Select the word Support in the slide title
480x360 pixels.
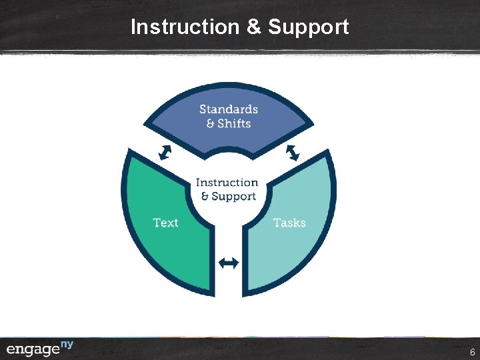308,27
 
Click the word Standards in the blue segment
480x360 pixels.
229,109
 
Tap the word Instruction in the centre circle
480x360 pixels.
227,182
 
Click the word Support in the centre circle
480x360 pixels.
233,196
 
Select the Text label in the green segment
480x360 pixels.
165,222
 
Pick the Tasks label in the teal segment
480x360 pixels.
289,222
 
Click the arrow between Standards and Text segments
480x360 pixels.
165,153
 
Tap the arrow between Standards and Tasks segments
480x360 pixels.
293,153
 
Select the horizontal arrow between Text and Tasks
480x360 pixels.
229,263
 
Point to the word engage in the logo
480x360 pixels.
33,350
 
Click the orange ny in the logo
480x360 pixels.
67,344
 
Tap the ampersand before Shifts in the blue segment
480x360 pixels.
210,124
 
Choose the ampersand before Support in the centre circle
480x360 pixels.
205,197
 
